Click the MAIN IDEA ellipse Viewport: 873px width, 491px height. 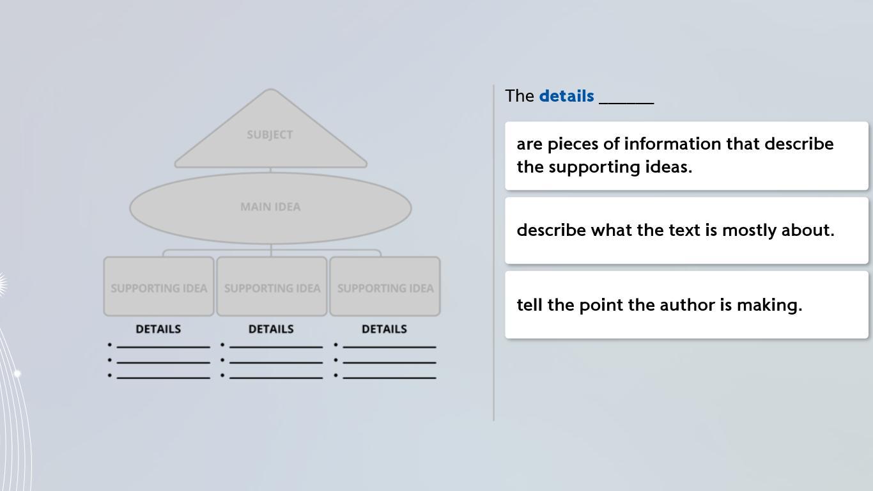pos(270,207)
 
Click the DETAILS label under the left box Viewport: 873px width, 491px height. pos(158,329)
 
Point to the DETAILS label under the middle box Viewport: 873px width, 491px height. pos(271,329)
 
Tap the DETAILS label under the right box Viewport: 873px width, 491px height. pos(384,329)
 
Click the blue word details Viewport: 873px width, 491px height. pos(566,96)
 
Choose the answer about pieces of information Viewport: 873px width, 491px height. pos(686,155)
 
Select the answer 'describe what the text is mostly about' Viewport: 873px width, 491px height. pos(686,230)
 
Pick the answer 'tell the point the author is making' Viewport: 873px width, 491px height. pos(686,305)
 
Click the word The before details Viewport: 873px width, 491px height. pos(520,96)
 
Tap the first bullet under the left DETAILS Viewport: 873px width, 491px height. pos(110,345)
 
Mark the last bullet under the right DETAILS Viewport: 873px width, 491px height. pos(336,375)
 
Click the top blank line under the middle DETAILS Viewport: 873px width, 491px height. pos(276,347)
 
